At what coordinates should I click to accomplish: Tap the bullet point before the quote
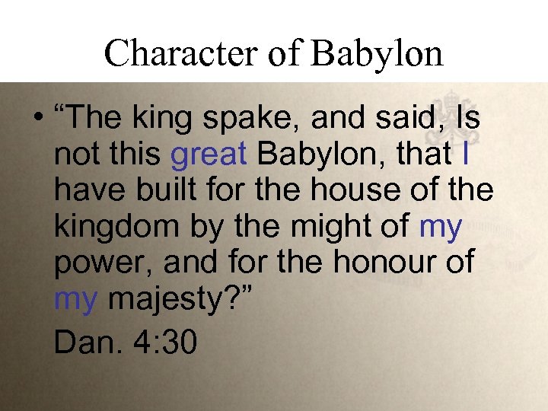point(37,121)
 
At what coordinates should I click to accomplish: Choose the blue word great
point(209,155)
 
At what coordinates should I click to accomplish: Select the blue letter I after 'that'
point(465,155)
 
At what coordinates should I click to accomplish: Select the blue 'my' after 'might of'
point(440,227)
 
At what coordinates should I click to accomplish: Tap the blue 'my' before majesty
point(75,298)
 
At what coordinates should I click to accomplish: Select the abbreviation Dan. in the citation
point(83,342)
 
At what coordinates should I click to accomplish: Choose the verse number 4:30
point(164,342)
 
